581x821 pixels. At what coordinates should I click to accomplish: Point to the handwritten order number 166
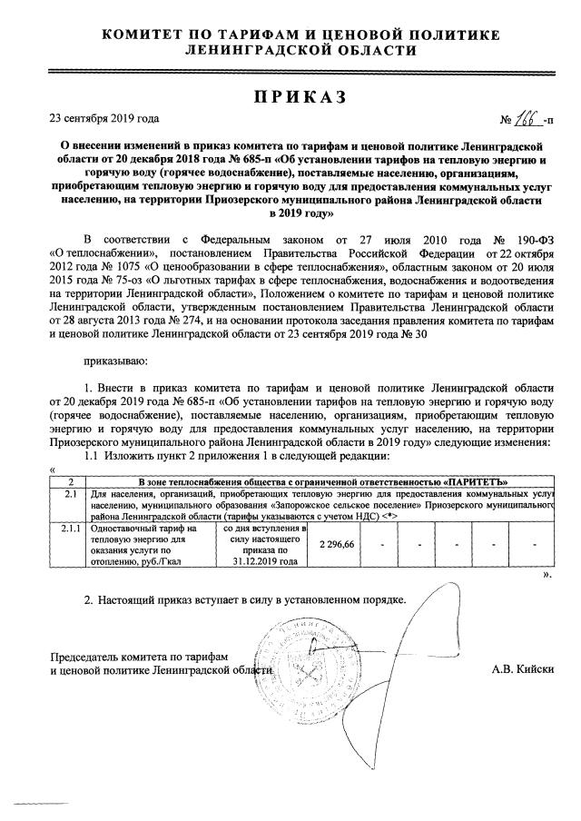pyautogui.click(x=527, y=118)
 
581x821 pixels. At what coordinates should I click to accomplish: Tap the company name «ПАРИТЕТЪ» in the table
pyautogui.click(x=469, y=480)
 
